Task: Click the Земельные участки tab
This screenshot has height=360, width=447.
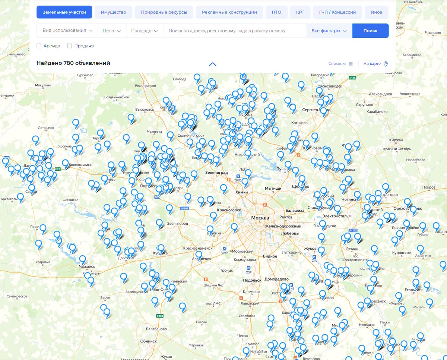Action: coord(64,12)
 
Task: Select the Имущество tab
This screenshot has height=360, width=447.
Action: coord(113,12)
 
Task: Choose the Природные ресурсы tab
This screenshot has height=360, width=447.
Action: coord(164,12)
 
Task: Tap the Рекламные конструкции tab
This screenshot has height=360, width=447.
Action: coord(229,12)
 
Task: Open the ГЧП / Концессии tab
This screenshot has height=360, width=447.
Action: coord(337,12)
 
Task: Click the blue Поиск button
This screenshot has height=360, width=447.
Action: coord(370,31)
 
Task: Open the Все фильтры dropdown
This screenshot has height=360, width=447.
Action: coord(329,31)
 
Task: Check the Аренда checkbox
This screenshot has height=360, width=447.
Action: coord(39,46)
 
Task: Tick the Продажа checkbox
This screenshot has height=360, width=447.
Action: coord(70,46)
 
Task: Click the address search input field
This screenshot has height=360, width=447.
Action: coord(235,31)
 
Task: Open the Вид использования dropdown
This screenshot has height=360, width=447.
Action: coord(67,31)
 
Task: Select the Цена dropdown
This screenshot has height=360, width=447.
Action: coord(112,31)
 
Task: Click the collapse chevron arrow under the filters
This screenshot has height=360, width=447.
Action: coord(213,64)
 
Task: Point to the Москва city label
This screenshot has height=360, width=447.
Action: coord(260,218)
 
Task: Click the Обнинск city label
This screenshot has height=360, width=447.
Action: coord(148,341)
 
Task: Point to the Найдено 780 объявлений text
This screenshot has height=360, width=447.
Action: coord(73,63)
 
